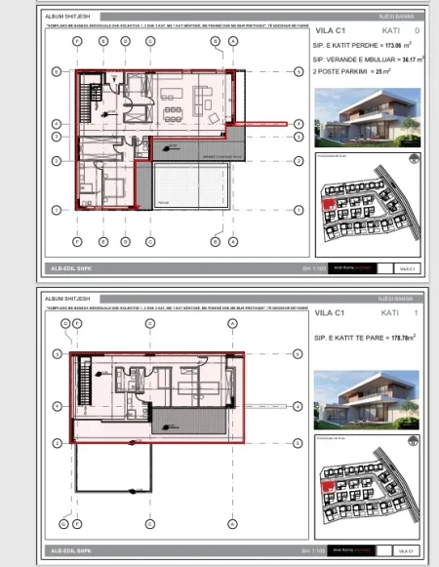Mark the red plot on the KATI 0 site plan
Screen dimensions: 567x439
click(x=329, y=202)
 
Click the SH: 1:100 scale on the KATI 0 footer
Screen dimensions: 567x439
click(x=285, y=268)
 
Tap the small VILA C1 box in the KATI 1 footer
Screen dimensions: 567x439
click(x=404, y=554)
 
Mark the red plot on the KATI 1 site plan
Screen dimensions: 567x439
click(x=329, y=483)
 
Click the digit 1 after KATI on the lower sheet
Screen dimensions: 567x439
click(x=417, y=314)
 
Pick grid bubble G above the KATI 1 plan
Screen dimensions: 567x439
click(x=65, y=323)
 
